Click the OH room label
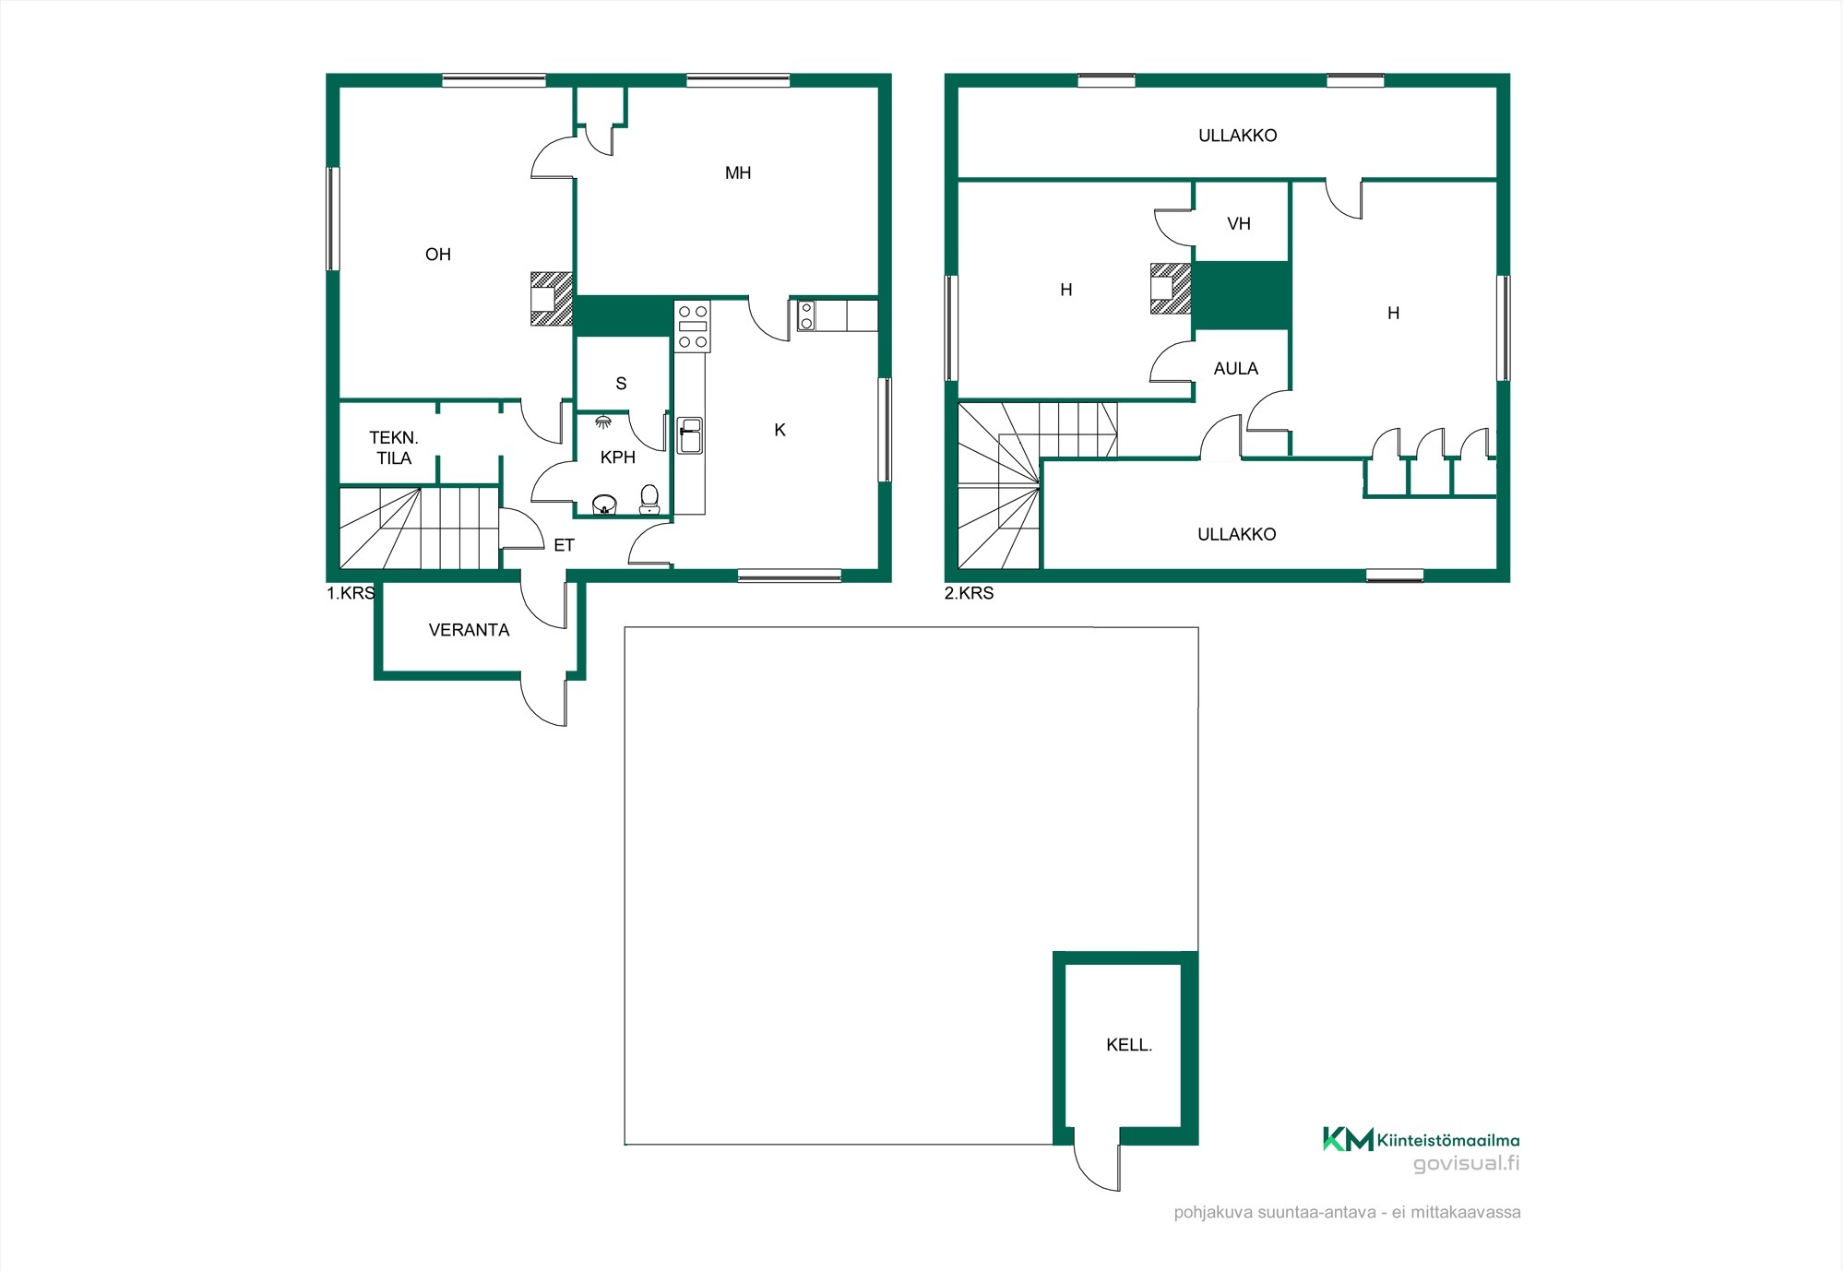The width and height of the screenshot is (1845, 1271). [x=438, y=255]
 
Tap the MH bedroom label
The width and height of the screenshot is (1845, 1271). [x=738, y=173]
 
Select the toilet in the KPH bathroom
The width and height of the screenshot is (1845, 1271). [x=649, y=499]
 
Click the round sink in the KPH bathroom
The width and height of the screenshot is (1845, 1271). [x=604, y=505]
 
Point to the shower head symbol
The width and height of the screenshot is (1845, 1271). [x=603, y=422]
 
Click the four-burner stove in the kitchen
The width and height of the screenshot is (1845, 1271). [x=693, y=327]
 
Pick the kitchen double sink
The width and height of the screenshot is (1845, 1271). [x=690, y=435]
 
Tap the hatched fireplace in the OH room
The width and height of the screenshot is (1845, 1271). [x=552, y=299]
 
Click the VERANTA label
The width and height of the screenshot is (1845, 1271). [x=469, y=630]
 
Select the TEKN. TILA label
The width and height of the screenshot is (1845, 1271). [x=394, y=448]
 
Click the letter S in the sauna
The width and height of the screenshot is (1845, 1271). [x=621, y=384]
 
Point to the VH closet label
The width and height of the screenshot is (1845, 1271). [x=1239, y=224]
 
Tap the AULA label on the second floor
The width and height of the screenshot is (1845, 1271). [x=1236, y=369]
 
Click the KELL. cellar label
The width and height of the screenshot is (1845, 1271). [x=1129, y=1045]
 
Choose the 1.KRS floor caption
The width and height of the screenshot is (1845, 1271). [x=351, y=593]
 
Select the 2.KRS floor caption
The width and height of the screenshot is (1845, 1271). [x=969, y=593]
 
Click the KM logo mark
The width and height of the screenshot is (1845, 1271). [x=1348, y=1139]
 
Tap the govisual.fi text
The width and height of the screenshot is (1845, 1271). [x=1467, y=1163]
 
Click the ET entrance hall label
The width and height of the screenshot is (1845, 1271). [x=564, y=545]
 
